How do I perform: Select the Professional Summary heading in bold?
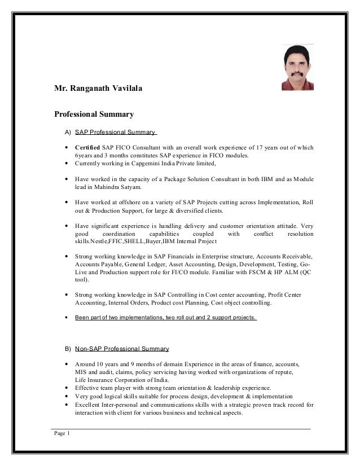tap(93, 115)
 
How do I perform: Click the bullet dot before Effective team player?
tap(67, 388)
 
